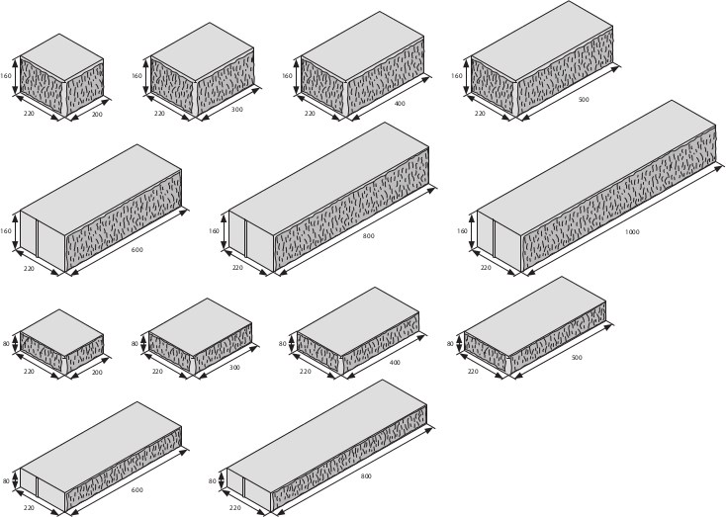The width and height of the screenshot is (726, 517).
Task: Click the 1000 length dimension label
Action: [x=632, y=231]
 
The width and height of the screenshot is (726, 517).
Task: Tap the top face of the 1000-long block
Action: [x=593, y=168]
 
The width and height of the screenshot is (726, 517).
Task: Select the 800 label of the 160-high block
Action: [x=368, y=236]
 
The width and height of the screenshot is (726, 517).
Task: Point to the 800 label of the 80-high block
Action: [x=366, y=476]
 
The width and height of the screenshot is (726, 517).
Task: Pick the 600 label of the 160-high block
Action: [x=136, y=249]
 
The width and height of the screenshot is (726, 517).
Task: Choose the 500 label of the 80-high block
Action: [x=577, y=357]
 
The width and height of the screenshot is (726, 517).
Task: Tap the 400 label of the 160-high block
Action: [x=400, y=104]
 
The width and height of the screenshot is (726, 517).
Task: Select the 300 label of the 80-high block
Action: [x=235, y=367]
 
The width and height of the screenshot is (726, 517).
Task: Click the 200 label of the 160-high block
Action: [x=97, y=115]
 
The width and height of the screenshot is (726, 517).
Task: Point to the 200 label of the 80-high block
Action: [x=97, y=373]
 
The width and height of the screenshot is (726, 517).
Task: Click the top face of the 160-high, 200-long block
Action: [x=61, y=56]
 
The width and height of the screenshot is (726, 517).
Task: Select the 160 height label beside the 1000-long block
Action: [x=462, y=231]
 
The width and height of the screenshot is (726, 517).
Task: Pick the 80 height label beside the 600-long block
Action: [x=7, y=481]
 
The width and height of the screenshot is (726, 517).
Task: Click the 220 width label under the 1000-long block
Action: [x=486, y=268]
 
